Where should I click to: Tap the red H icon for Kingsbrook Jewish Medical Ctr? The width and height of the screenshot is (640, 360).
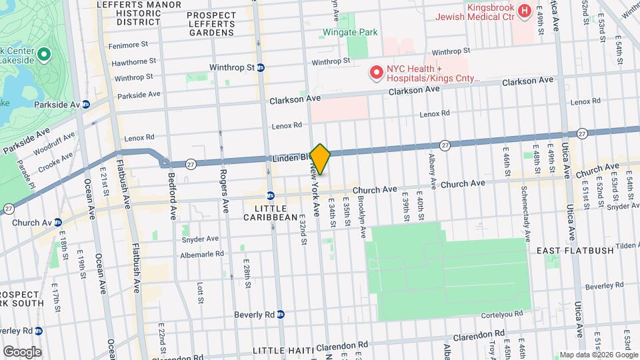tap(523, 11)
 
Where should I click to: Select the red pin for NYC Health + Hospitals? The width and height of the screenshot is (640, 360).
tap(377, 72)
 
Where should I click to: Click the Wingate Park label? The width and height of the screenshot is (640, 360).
tap(350, 32)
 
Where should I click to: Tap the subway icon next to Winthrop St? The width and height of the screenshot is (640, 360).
tap(261, 67)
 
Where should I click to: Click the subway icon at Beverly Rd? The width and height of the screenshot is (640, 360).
tap(281, 314)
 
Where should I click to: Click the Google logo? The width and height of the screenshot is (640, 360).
tap(22, 351)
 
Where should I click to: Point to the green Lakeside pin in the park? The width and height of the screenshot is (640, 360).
tap(44, 54)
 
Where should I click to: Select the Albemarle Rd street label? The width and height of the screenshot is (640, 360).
tap(203, 254)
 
